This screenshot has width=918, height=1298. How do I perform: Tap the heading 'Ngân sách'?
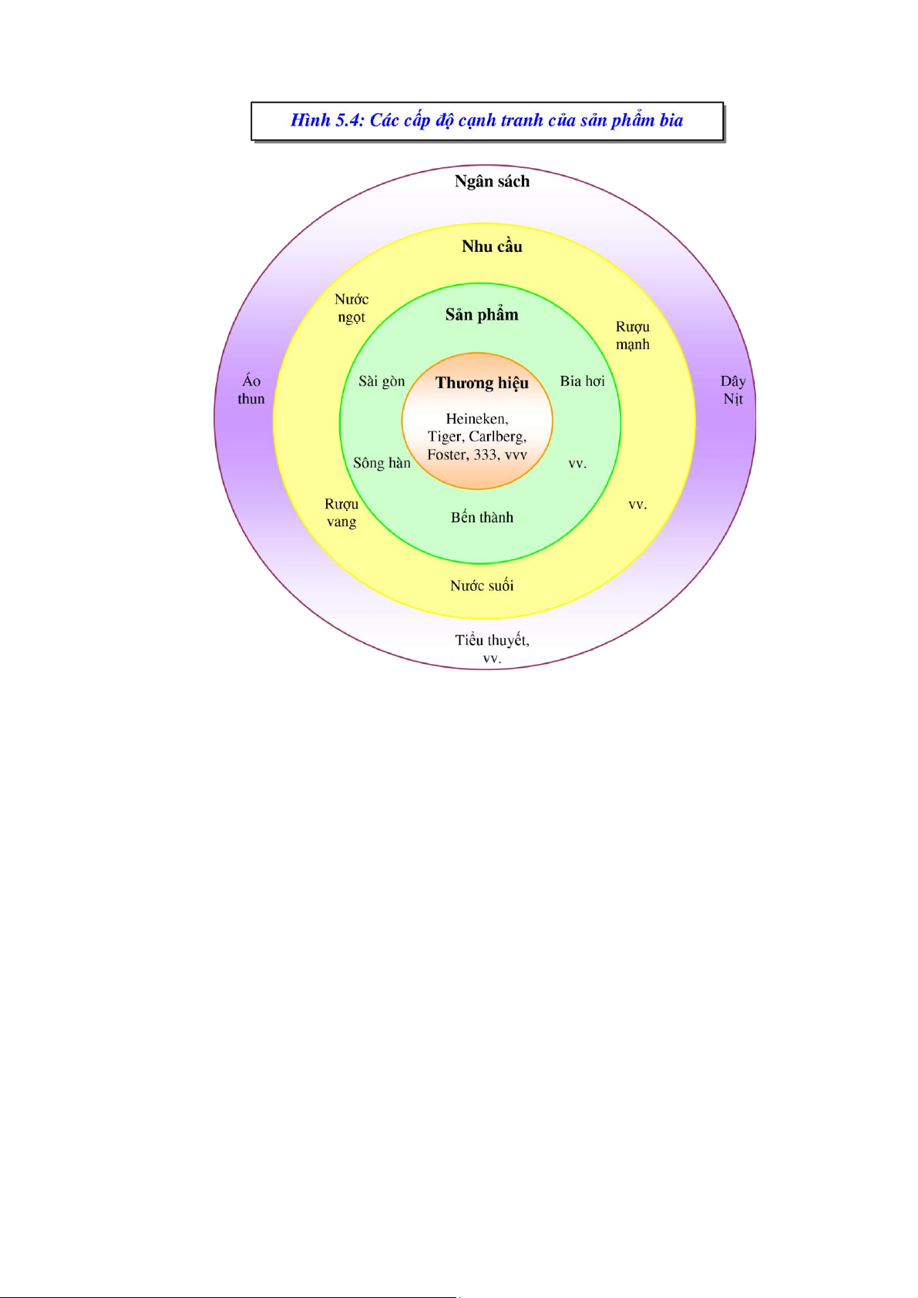(x=492, y=182)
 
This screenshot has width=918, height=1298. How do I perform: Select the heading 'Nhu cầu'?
(x=492, y=247)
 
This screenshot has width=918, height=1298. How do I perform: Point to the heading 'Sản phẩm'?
(x=482, y=314)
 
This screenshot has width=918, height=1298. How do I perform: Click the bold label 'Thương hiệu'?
(x=482, y=383)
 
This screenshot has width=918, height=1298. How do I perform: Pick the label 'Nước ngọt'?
(x=351, y=308)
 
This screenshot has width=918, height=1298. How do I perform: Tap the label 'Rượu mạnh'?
(x=632, y=336)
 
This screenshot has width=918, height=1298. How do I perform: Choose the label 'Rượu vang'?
(x=341, y=513)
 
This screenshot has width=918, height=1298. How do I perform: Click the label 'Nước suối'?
(x=482, y=585)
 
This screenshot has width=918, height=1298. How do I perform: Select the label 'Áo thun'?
(x=251, y=390)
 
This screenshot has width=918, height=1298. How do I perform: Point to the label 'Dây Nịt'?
(x=732, y=390)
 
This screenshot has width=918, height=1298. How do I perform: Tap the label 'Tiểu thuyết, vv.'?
(x=492, y=649)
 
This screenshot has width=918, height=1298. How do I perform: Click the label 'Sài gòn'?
(x=382, y=381)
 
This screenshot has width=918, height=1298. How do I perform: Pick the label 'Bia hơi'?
(x=582, y=381)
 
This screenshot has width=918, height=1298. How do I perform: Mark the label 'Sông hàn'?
(x=382, y=463)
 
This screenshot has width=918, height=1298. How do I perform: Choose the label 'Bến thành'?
(x=482, y=518)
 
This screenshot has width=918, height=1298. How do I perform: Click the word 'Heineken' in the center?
(x=476, y=419)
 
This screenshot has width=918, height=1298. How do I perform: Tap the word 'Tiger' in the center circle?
(x=445, y=437)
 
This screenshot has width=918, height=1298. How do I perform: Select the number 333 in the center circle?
(x=485, y=454)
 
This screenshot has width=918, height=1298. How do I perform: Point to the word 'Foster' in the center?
(x=447, y=454)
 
